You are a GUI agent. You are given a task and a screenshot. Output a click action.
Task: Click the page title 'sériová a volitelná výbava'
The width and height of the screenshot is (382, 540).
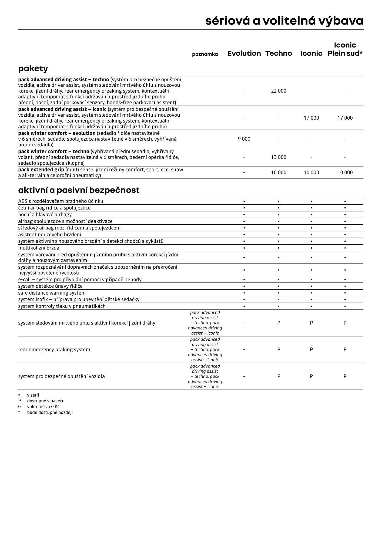(284, 21)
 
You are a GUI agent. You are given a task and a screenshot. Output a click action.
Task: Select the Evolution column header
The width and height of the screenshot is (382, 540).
(244, 53)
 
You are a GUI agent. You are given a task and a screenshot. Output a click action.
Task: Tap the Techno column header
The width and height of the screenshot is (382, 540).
(279, 53)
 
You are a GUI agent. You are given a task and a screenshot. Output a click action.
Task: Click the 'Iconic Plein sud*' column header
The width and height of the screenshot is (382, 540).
(345, 49)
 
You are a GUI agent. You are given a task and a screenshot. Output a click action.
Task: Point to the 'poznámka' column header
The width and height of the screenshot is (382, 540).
(205, 54)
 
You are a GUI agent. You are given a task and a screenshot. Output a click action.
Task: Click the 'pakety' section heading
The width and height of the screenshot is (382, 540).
(33, 69)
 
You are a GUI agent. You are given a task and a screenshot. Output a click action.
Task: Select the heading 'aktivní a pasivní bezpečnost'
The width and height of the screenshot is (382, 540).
(79, 190)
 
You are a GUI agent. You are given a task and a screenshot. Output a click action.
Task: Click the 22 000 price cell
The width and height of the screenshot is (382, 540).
(279, 91)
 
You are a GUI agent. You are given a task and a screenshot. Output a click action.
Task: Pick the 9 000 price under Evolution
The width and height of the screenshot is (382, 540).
(244, 139)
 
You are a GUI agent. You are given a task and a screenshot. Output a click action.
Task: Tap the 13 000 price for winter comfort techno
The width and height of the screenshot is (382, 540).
(279, 157)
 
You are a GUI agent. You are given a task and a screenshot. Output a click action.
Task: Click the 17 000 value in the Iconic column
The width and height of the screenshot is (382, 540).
(311, 118)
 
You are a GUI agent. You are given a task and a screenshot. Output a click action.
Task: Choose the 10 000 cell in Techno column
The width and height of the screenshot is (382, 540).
(279, 173)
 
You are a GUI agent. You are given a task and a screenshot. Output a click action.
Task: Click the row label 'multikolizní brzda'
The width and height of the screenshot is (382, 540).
(39, 248)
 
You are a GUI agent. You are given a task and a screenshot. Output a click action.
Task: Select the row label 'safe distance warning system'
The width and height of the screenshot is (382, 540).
(52, 293)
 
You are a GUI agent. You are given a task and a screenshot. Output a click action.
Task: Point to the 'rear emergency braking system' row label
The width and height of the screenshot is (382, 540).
(54, 350)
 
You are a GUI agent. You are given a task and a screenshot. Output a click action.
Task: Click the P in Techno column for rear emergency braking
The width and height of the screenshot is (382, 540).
(279, 350)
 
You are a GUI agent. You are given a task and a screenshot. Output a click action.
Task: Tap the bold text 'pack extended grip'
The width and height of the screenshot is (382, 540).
(41, 170)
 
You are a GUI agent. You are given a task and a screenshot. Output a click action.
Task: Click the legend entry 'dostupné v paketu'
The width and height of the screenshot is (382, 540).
(45, 401)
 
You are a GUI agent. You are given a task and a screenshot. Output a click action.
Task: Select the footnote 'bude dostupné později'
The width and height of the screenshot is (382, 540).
(50, 412)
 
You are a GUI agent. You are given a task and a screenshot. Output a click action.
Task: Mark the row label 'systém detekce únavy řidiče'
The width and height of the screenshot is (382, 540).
(50, 286)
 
